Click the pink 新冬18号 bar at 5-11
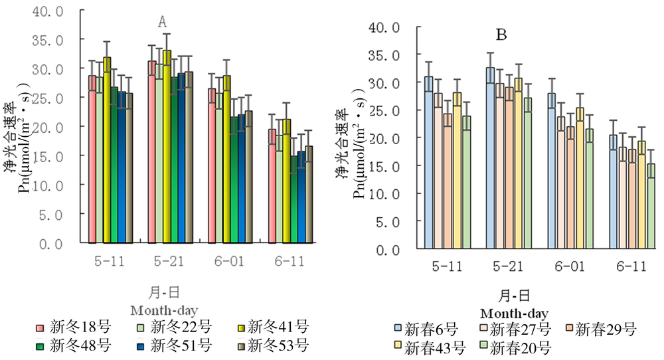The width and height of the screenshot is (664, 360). coord(93,159)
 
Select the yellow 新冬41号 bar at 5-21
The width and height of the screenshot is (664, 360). coord(167,146)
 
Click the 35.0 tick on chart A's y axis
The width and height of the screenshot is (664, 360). coord(51,40)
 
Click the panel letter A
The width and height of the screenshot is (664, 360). coord(161,23)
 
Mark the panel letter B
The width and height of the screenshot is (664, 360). coord(502,35)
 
